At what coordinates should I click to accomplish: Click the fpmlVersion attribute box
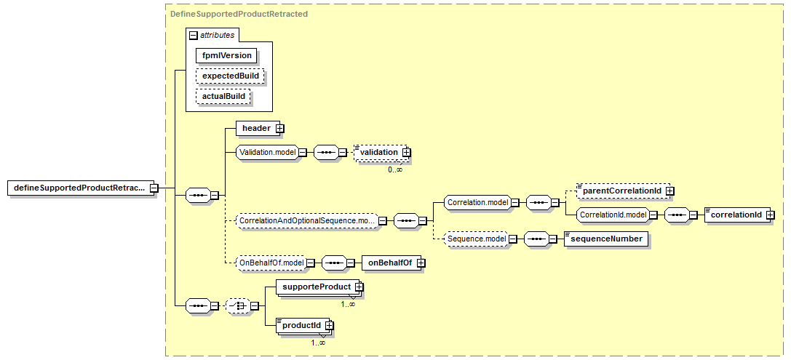click(226, 55)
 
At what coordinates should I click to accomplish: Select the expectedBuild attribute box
click(231, 76)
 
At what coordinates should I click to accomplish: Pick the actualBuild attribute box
click(223, 96)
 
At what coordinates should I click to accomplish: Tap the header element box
click(260, 129)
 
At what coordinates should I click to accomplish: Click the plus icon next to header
click(279, 129)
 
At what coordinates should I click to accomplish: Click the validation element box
click(382, 152)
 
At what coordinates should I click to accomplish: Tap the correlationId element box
click(739, 215)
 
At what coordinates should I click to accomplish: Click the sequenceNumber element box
click(606, 239)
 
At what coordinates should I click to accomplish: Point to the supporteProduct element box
click(319, 287)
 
